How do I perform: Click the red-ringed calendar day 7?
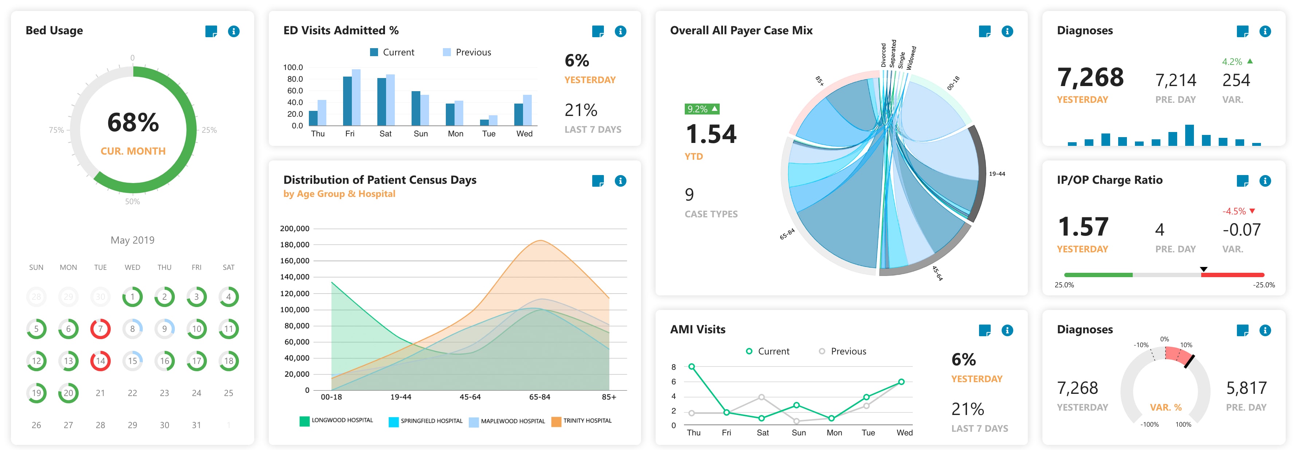(x=100, y=329)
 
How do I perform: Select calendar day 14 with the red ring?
(x=100, y=361)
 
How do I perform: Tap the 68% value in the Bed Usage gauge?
(x=133, y=123)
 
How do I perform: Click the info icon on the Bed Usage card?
(x=233, y=31)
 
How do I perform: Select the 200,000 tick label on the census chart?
(x=295, y=229)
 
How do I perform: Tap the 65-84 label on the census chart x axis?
(x=539, y=397)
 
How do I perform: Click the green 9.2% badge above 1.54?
(x=702, y=109)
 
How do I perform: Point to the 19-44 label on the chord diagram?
(x=997, y=174)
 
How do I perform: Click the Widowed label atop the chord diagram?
(x=911, y=58)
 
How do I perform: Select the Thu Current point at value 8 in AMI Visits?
(x=692, y=367)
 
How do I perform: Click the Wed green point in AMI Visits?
(x=901, y=382)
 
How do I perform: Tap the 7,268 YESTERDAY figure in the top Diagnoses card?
(x=1090, y=78)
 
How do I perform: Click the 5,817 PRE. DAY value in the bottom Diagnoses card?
(x=1246, y=388)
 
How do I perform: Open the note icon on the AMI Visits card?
(x=984, y=330)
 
